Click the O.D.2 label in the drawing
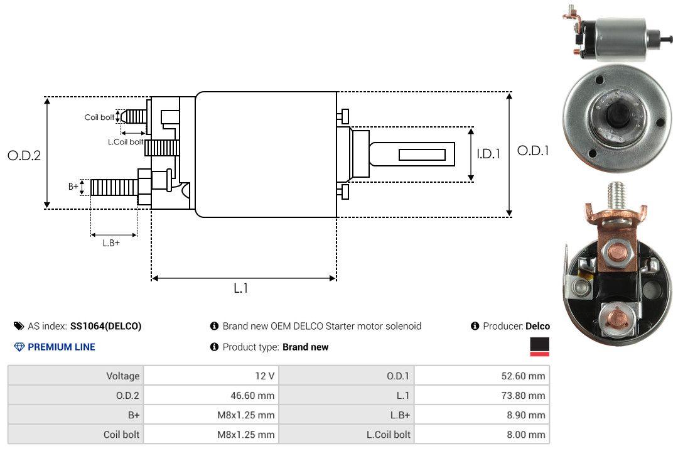click(x=24, y=156)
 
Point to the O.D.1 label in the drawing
click(x=533, y=151)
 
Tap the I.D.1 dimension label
click(x=488, y=154)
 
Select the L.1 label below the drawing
click(x=241, y=288)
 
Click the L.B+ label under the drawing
click(x=111, y=243)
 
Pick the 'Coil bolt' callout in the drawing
click(x=99, y=117)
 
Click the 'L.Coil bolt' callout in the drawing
click(x=126, y=141)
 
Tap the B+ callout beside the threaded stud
click(x=73, y=187)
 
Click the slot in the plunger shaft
click(x=422, y=155)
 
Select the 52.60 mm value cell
click(x=482, y=376)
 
